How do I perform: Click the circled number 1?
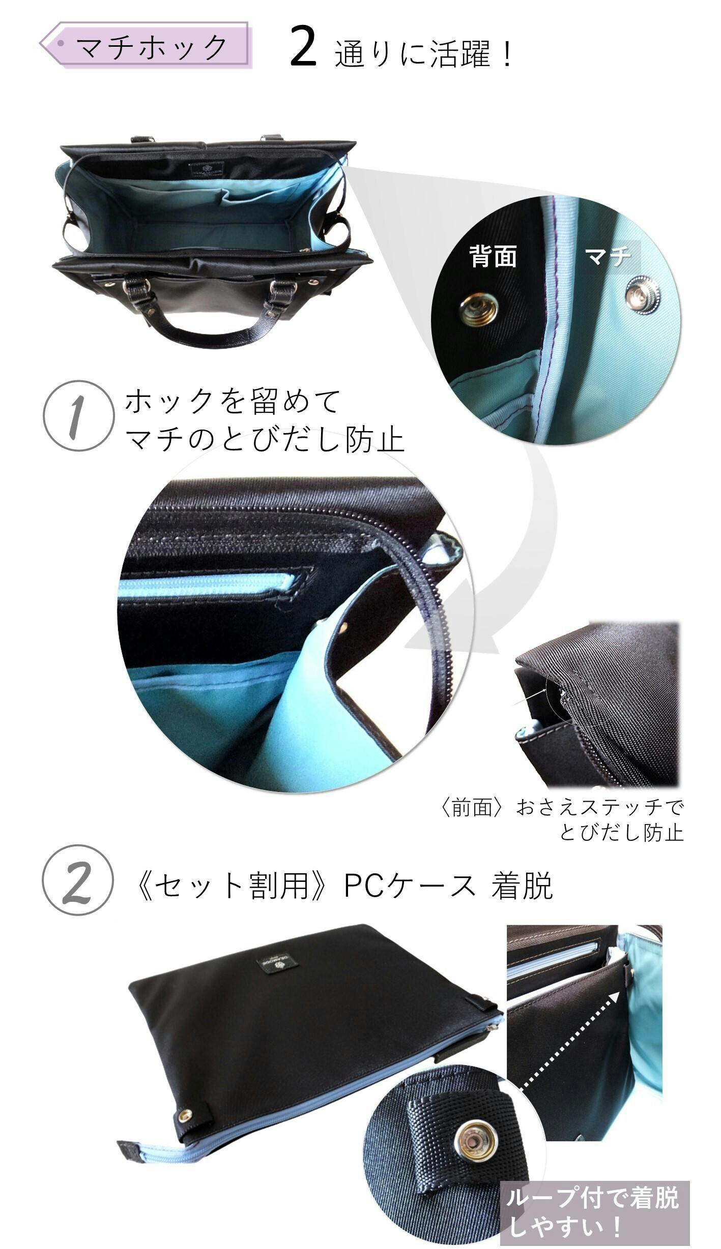78,416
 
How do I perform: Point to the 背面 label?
493,257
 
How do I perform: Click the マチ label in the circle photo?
609,257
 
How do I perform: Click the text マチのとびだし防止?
264,438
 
